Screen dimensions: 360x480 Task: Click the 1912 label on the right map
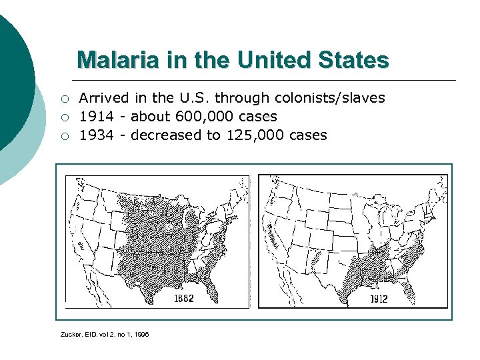point(378,299)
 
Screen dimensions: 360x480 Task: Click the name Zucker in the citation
point(71,333)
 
